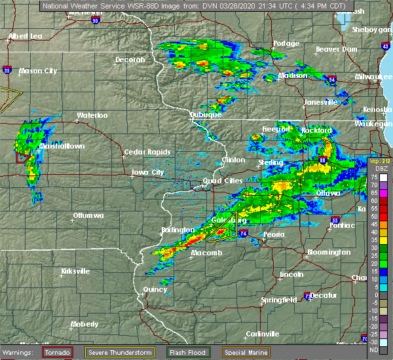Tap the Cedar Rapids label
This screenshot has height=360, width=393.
[x=141, y=153]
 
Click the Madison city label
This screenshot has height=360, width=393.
[x=293, y=76]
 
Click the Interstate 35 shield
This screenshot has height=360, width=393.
[x=7, y=68]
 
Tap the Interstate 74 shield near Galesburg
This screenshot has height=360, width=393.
[x=244, y=232]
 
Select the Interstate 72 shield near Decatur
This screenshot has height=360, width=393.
[x=309, y=297]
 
